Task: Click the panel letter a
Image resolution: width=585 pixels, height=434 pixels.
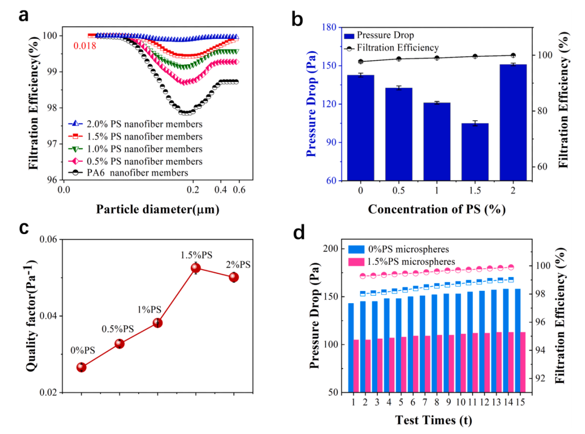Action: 24,16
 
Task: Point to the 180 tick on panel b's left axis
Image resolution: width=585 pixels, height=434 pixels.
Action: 328,28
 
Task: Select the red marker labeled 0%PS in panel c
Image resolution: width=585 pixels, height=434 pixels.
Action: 82,367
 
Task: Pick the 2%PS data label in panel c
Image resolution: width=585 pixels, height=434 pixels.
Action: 238,264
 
